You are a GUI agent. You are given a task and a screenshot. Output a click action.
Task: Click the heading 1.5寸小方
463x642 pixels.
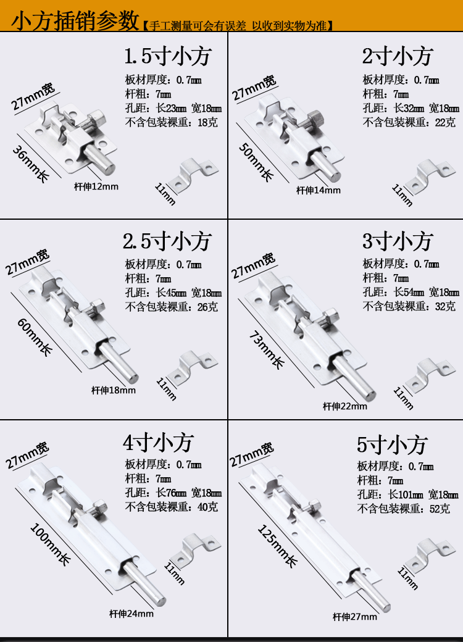pyautogui.click(x=168, y=57)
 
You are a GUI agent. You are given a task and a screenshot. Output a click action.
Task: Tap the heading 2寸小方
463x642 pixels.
pyautogui.click(x=397, y=57)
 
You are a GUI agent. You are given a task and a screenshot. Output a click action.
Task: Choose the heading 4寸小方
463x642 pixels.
pyautogui.click(x=159, y=442)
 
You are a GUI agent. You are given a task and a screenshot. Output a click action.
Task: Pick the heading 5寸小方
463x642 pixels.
pyautogui.click(x=392, y=444)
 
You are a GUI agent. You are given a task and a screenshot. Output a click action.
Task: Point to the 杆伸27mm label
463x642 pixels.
pyautogui.click(x=354, y=617)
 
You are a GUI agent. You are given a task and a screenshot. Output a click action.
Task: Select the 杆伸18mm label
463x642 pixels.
pyautogui.click(x=114, y=390)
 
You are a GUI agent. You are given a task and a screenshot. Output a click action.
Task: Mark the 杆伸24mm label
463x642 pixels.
pyautogui.click(x=131, y=614)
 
